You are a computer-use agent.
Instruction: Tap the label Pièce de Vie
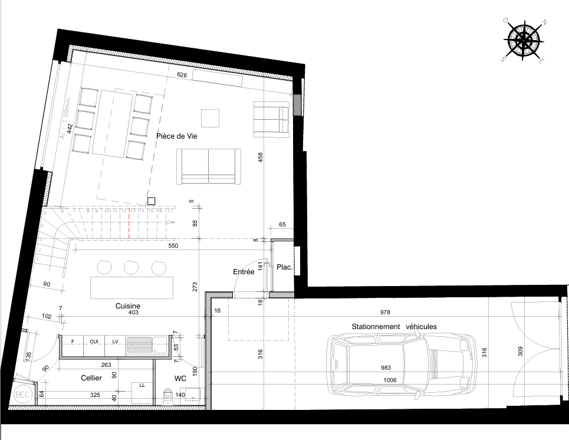point(176,136)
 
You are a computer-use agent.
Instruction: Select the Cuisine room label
point(128,306)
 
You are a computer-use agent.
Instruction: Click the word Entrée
point(244,272)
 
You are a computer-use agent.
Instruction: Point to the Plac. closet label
point(284,267)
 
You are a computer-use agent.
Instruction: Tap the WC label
point(180,377)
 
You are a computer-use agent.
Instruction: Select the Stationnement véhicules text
point(394,326)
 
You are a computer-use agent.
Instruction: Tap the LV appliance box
point(115,341)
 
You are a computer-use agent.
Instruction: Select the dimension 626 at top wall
point(182,75)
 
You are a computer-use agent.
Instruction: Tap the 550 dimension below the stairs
point(173,245)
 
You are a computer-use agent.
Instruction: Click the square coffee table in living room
point(211,118)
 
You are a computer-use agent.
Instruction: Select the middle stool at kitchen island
point(130,268)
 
